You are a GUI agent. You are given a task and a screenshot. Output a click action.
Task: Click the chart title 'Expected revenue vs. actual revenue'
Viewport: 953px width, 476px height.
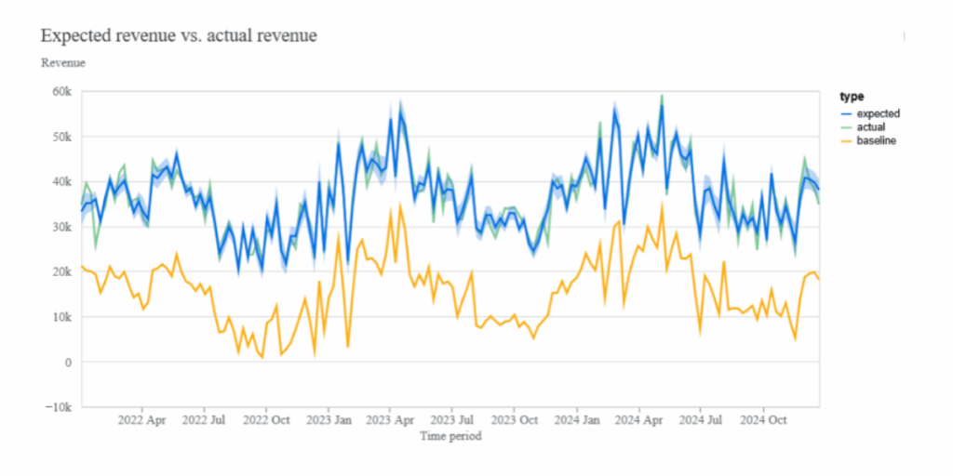(x=180, y=36)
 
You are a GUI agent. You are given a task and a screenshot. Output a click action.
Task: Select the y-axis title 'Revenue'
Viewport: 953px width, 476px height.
(x=63, y=63)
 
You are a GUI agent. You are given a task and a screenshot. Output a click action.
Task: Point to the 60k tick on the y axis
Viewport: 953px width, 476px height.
(x=61, y=92)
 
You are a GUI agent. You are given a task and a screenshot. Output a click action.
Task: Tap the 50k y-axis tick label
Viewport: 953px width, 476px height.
(x=61, y=137)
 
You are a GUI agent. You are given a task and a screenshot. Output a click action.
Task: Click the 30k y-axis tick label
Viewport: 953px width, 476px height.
(x=61, y=227)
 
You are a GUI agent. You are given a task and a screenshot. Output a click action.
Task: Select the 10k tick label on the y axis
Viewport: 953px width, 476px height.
(x=61, y=317)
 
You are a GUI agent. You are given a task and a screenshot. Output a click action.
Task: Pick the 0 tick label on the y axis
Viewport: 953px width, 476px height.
(x=68, y=363)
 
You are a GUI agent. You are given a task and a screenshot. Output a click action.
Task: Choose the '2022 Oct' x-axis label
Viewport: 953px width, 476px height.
(x=268, y=420)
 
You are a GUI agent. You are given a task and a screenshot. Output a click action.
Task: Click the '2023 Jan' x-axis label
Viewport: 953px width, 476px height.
(x=330, y=420)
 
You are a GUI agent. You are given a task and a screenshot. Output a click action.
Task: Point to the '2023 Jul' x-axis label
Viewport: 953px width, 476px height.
(x=455, y=420)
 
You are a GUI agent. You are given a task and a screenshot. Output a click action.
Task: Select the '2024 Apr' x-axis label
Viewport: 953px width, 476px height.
(x=640, y=420)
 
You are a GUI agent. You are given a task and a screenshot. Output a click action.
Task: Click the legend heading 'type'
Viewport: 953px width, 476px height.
(x=851, y=97)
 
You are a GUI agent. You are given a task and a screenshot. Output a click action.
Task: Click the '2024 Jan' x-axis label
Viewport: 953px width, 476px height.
(x=578, y=420)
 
